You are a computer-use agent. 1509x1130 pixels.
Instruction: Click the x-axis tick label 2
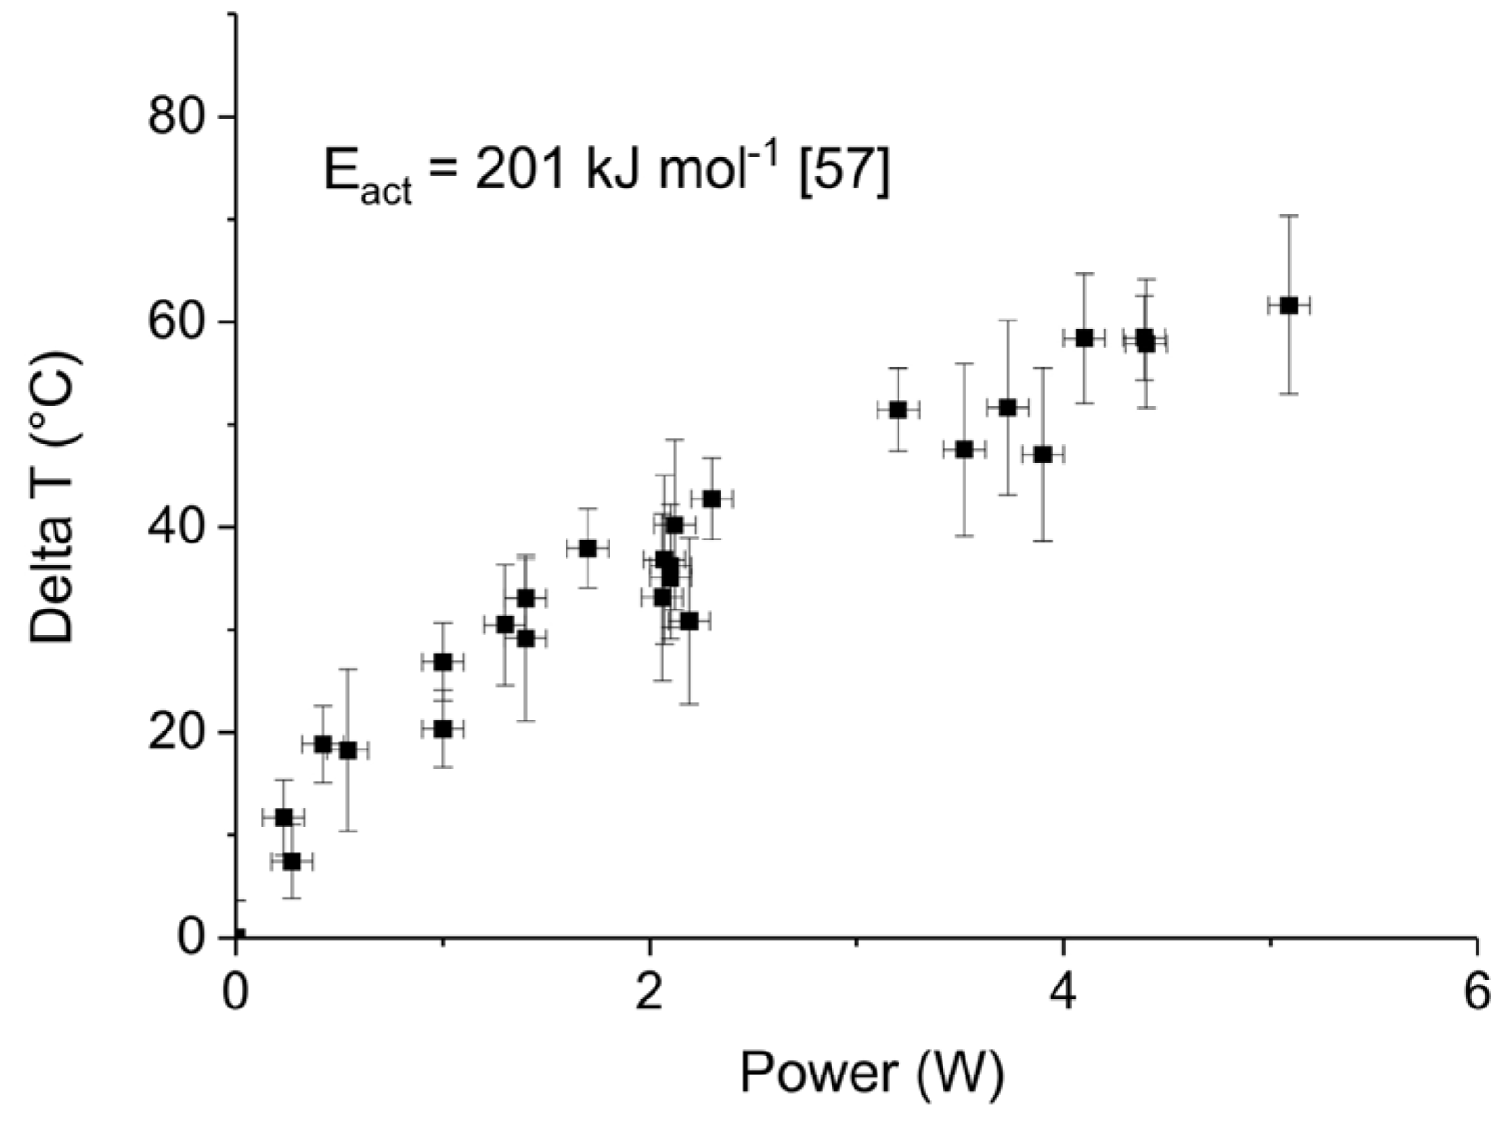pyautogui.click(x=650, y=992)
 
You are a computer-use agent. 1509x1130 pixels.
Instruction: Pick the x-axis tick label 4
pyautogui.click(x=1063, y=992)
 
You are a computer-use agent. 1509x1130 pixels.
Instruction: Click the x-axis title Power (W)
pyautogui.click(x=872, y=1074)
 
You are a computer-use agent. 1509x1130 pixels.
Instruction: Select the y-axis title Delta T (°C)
pyautogui.click(x=53, y=498)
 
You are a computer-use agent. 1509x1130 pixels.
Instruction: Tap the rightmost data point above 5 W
pyautogui.click(x=1289, y=305)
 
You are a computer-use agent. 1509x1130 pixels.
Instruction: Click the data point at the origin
pyautogui.click(x=237, y=936)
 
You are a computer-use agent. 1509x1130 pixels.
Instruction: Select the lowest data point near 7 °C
pyautogui.click(x=292, y=861)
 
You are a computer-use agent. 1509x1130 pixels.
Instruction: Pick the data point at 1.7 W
pyautogui.click(x=588, y=548)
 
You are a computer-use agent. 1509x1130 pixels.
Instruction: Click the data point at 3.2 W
pyautogui.click(x=898, y=410)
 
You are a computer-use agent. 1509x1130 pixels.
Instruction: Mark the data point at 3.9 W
pyautogui.click(x=1043, y=454)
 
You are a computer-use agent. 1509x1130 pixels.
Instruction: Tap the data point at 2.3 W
pyautogui.click(x=712, y=499)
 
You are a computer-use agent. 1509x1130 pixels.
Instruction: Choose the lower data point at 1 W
pyautogui.click(x=442, y=729)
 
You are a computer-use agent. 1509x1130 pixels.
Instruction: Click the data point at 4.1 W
pyautogui.click(x=1084, y=338)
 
